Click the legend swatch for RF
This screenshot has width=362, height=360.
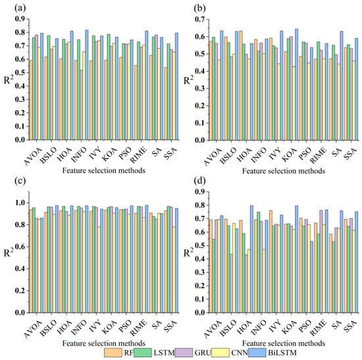pyautogui.click(x=113, y=353)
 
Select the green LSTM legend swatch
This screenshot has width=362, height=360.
pyautogui.click(x=143, y=353)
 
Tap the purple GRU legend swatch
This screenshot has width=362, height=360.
pyautogui.click(x=184, y=353)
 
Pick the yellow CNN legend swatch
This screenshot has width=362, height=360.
pyautogui.click(x=220, y=353)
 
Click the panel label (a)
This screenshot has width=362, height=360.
pyautogui.click(x=20, y=9)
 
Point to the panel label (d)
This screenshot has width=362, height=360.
pyautogui.click(x=199, y=181)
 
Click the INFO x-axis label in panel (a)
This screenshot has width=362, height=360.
pyautogui.click(x=79, y=154)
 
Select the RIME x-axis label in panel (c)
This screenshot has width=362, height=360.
pyautogui.click(x=138, y=328)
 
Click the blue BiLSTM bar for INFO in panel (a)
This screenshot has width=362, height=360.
pyautogui.click(x=87, y=85)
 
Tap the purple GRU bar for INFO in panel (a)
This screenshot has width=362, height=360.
pyautogui.click(x=81, y=105)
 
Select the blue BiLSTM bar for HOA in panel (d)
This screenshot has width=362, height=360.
pyautogui.click(x=251, y=259)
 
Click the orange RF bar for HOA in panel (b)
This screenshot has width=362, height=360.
pyautogui.click(x=240, y=86)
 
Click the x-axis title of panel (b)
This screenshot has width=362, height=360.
pyautogui.click(x=284, y=171)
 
